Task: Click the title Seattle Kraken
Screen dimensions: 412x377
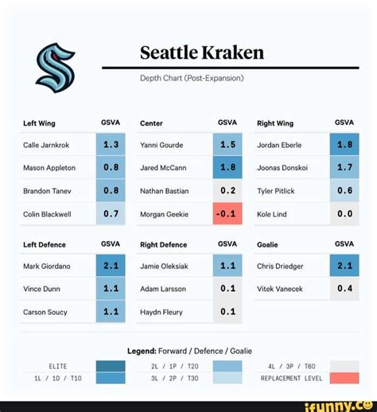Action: [202, 53]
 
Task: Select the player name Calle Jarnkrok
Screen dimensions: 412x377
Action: [45, 146]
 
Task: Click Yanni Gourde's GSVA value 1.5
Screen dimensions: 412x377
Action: [227, 146]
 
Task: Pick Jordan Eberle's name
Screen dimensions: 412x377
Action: [278, 146]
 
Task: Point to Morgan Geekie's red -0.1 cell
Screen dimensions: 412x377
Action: [227, 214]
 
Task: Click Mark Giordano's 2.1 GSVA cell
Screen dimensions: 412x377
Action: [111, 266]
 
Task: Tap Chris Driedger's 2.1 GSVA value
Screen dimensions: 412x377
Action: [344, 266]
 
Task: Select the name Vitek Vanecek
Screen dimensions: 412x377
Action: [279, 289]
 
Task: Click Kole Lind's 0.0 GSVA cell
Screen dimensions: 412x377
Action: [344, 214]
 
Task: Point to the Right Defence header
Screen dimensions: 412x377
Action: [164, 245]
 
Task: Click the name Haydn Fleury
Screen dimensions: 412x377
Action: [161, 312]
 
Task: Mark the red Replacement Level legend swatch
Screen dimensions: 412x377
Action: [344, 378]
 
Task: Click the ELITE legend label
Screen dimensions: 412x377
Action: [58, 366]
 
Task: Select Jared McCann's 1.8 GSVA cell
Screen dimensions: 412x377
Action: [227, 168]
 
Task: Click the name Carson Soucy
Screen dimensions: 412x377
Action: [45, 312]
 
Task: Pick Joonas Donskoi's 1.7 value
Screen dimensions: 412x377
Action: [344, 168]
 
